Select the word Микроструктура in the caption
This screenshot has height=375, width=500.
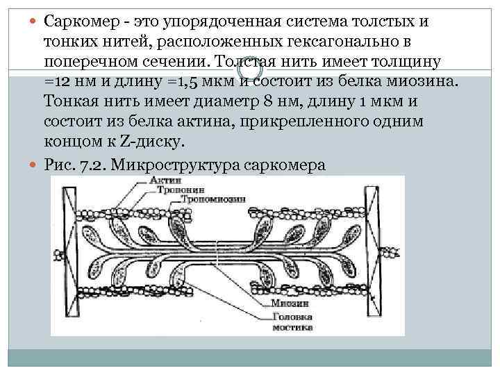click(x=175, y=165)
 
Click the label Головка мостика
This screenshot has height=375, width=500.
click(x=290, y=321)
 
